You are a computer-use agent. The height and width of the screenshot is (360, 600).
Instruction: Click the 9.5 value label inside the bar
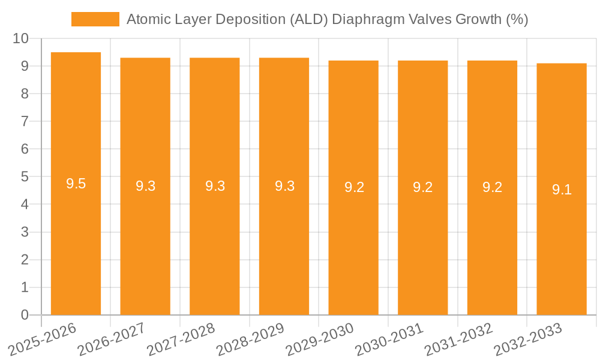[x=76, y=184]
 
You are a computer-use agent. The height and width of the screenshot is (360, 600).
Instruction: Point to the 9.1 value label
[x=562, y=190]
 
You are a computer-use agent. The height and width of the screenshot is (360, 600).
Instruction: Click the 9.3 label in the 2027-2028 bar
[x=215, y=186]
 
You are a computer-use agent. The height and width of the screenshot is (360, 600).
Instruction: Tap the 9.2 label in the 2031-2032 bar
[x=492, y=187]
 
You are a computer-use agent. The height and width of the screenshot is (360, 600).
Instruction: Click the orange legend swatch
[x=95, y=19]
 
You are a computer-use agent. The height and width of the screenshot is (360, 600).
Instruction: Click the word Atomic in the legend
[x=146, y=19]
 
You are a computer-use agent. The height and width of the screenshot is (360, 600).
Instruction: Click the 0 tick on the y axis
[x=25, y=315]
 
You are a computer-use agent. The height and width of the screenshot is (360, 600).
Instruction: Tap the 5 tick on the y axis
[x=25, y=177]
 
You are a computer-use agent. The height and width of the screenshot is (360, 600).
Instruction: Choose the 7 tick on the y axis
[x=25, y=121]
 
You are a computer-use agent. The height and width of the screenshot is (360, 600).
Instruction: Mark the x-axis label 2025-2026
[x=43, y=340]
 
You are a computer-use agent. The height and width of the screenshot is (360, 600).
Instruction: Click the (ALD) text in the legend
[x=308, y=19]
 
